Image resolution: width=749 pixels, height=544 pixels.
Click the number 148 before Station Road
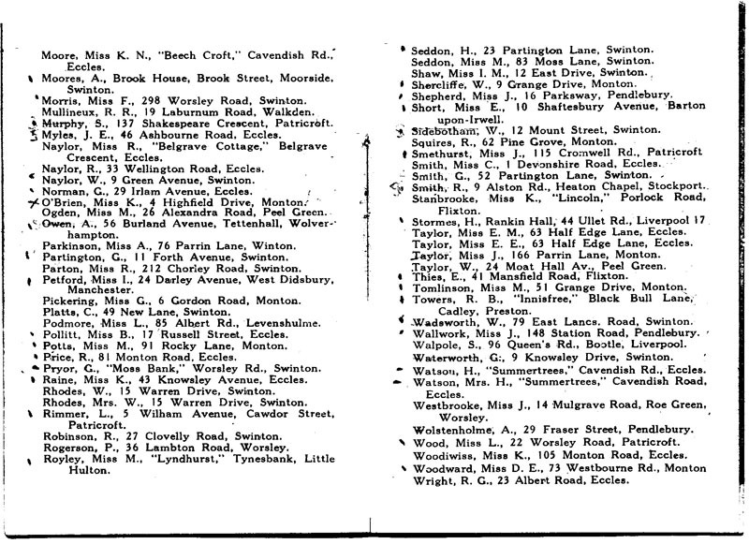pyautogui.click(x=518, y=333)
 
